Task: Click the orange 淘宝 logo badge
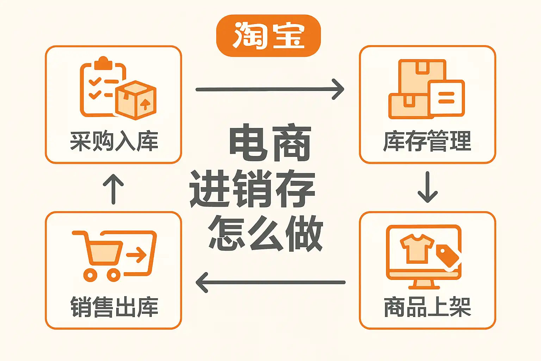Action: (268, 36)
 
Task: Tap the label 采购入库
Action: (114, 141)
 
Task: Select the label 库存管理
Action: (427, 141)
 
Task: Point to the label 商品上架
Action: (427, 307)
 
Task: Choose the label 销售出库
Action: (114, 307)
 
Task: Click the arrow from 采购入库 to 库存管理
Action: (269, 89)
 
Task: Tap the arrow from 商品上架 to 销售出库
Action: (270, 282)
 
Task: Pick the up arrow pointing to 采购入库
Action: (113, 189)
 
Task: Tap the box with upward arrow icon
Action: (136, 99)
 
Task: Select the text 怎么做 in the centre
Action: (266, 233)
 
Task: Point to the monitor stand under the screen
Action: (424, 283)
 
